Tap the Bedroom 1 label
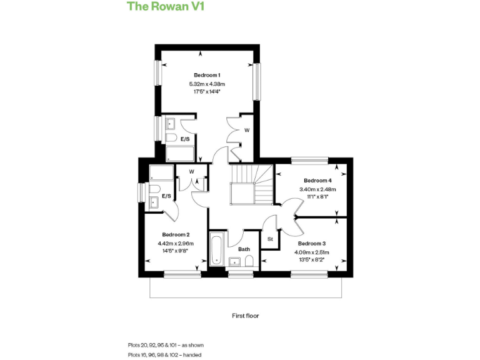(x=206, y=75)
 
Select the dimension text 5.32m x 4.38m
(x=206, y=84)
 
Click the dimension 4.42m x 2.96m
(x=176, y=243)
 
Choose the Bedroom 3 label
(x=312, y=243)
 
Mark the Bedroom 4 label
(x=317, y=181)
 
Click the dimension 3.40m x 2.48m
(x=317, y=189)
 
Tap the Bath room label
(x=244, y=249)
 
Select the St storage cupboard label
(x=270, y=239)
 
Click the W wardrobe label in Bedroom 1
(x=247, y=130)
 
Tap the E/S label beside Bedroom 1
(x=186, y=139)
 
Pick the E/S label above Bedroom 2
(x=167, y=196)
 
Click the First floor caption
(x=245, y=316)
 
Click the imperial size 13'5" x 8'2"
(x=312, y=260)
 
